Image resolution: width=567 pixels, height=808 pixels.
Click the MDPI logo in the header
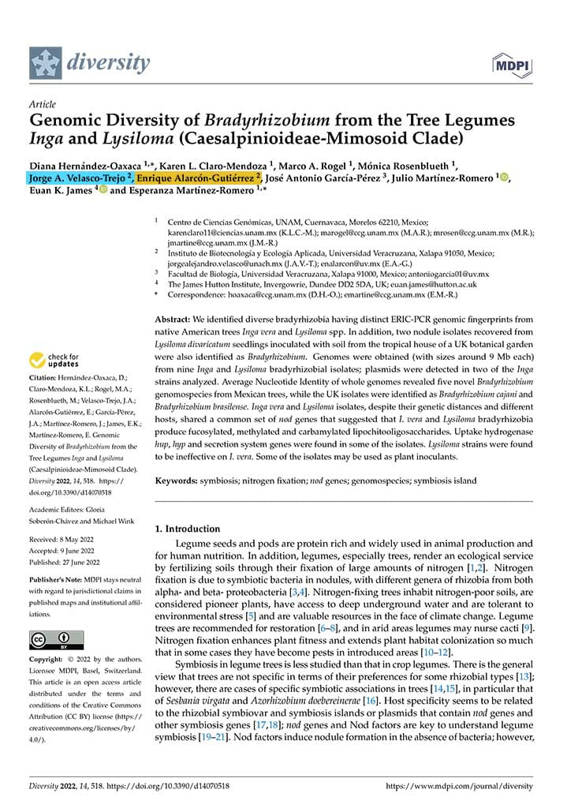click(513, 63)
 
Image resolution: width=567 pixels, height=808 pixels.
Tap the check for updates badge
click(54, 361)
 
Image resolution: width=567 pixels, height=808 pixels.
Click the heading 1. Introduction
click(188, 529)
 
